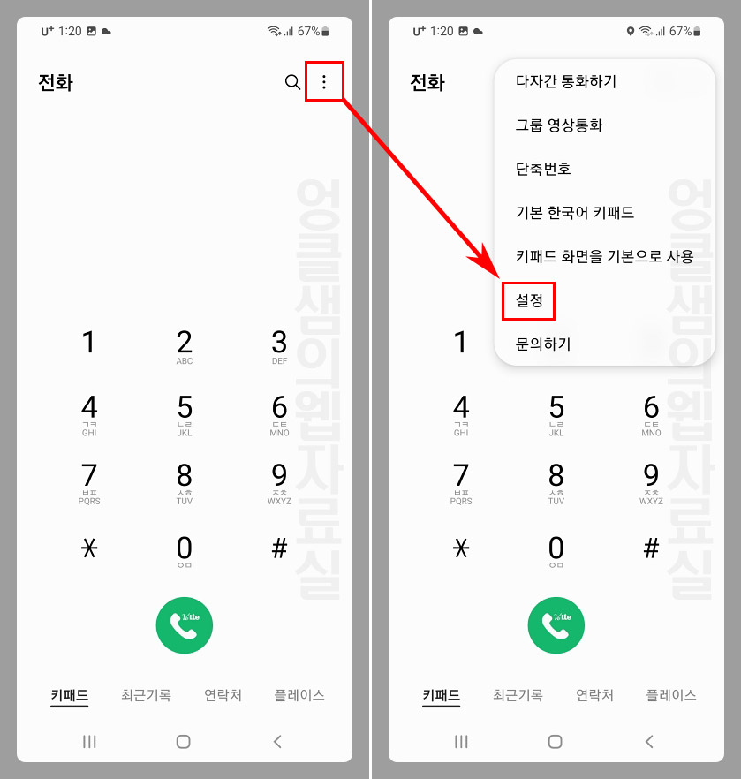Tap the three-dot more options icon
(324, 82)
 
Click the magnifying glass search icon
(292, 82)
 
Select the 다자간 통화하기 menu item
(565, 82)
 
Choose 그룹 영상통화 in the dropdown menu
(559, 125)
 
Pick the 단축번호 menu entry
(543, 169)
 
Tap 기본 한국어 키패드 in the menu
(574, 213)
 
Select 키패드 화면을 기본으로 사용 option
(604, 256)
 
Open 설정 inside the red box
(528, 300)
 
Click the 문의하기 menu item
(543, 344)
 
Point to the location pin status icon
(630, 32)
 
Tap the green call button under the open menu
(556, 625)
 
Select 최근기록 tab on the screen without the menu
(146, 695)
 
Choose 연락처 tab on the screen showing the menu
(594, 695)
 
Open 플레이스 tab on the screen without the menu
(299, 695)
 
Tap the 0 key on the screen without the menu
(185, 550)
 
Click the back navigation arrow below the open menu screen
(649, 742)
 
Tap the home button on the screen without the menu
(184, 742)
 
